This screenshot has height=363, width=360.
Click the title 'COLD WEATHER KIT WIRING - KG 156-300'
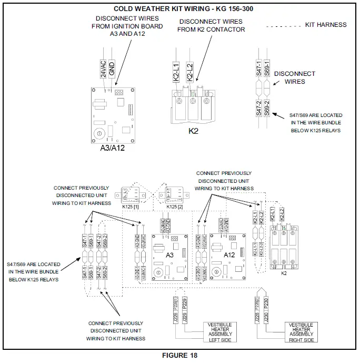[x=181, y=8]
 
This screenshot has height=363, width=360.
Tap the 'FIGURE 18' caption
[x=180, y=356]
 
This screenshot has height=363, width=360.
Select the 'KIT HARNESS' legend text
[x=326, y=25]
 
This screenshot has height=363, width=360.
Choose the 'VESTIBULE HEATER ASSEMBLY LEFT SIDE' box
[x=220, y=332]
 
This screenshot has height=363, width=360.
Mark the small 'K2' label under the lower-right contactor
[x=284, y=273]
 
